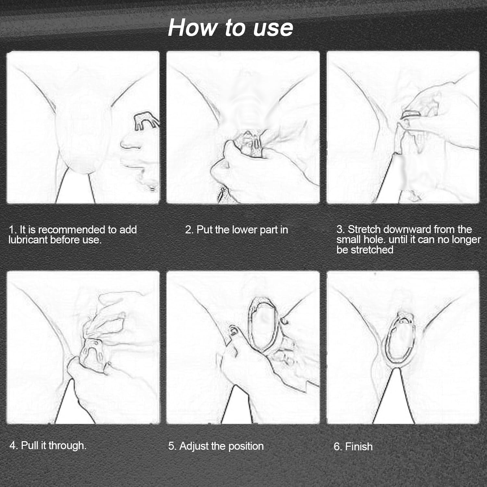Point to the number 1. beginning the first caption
pyautogui.click(x=12, y=230)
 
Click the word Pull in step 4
pyautogui.click(x=30, y=445)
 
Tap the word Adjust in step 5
pyautogui.click(x=194, y=446)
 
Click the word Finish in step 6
pyautogui.click(x=359, y=447)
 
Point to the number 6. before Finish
pyautogui.click(x=338, y=447)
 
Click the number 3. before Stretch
pyautogui.click(x=341, y=230)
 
